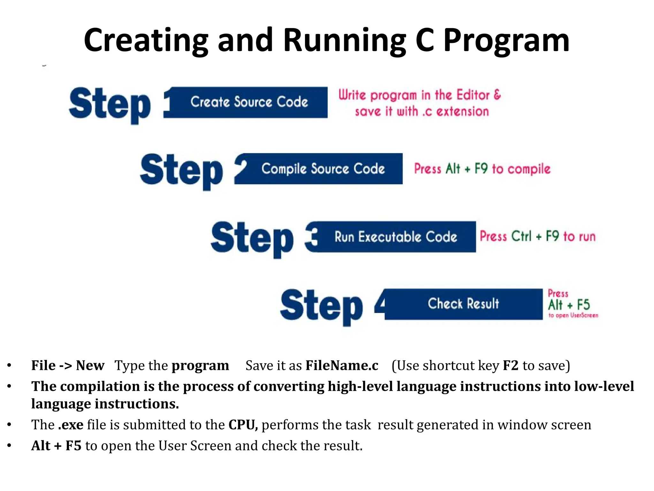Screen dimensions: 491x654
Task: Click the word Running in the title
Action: [345, 40]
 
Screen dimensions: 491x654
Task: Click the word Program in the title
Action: [506, 41]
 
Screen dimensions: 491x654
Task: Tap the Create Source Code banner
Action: [249, 102]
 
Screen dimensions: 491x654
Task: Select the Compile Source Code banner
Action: [323, 169]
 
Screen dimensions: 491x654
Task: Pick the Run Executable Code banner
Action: [396, 237]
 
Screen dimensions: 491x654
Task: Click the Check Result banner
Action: [463, 304]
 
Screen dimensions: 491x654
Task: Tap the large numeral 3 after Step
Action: [312, 237]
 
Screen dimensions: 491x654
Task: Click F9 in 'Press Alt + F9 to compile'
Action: [481, 168]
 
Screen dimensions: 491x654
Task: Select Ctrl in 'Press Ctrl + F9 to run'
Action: [521, 236]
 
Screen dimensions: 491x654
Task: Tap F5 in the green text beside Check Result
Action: [583, 305]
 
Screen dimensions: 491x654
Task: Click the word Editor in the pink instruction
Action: [473, 95]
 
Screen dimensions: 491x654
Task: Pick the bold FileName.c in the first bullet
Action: [342, 365]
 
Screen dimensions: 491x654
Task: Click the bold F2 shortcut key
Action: [510, 365]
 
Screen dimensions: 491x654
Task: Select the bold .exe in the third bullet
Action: [71, 425]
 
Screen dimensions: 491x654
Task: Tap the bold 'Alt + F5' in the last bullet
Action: [56, 446]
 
